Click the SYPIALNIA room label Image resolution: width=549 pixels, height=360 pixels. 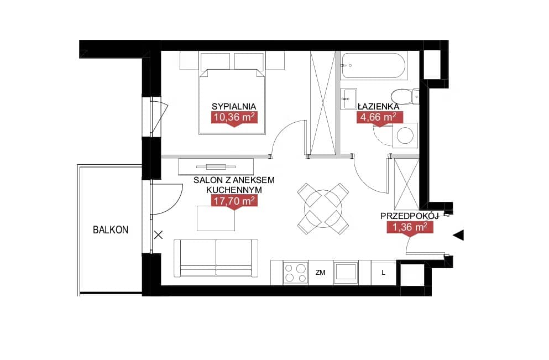point(234,107)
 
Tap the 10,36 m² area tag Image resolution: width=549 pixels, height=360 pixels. point(234,117)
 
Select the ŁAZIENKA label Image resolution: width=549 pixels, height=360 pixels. point(379,106)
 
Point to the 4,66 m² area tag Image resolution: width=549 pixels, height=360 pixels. point(379,117)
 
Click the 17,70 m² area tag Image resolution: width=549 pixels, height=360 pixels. point(234,201)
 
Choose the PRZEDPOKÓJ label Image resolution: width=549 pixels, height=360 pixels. point(409,216)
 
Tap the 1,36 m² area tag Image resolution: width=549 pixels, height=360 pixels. point(410,227)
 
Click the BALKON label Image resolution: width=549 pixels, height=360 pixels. point(111,229)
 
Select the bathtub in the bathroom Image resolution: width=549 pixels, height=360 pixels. point(374,65)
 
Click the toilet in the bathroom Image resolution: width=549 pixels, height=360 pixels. point(405,96)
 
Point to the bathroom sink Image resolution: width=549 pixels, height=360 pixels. point(349,98)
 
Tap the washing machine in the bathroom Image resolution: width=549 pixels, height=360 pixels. point(405,135)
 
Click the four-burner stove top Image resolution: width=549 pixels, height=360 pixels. point(295,273)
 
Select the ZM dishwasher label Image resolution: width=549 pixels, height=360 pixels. point(320,273)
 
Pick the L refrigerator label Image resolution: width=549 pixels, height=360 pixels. point(383,273)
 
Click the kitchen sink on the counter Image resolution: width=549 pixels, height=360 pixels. point(346,273)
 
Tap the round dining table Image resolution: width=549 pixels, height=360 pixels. point(323,209)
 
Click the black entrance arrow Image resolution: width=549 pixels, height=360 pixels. point(458,236)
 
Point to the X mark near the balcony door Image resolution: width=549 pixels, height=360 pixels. point(158,235)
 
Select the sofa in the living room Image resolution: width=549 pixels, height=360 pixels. point(216,258)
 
